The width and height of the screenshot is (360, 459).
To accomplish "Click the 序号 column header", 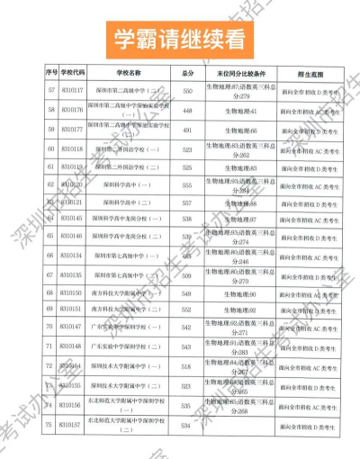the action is coord(50,72).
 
